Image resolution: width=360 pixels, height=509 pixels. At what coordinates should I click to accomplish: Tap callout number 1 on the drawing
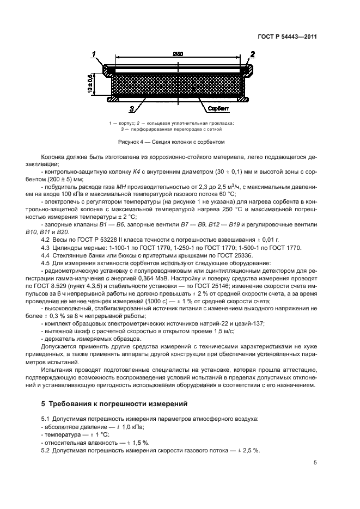[x=94, y=54]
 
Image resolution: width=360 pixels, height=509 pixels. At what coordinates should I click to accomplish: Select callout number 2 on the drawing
[x=253, y=54]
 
